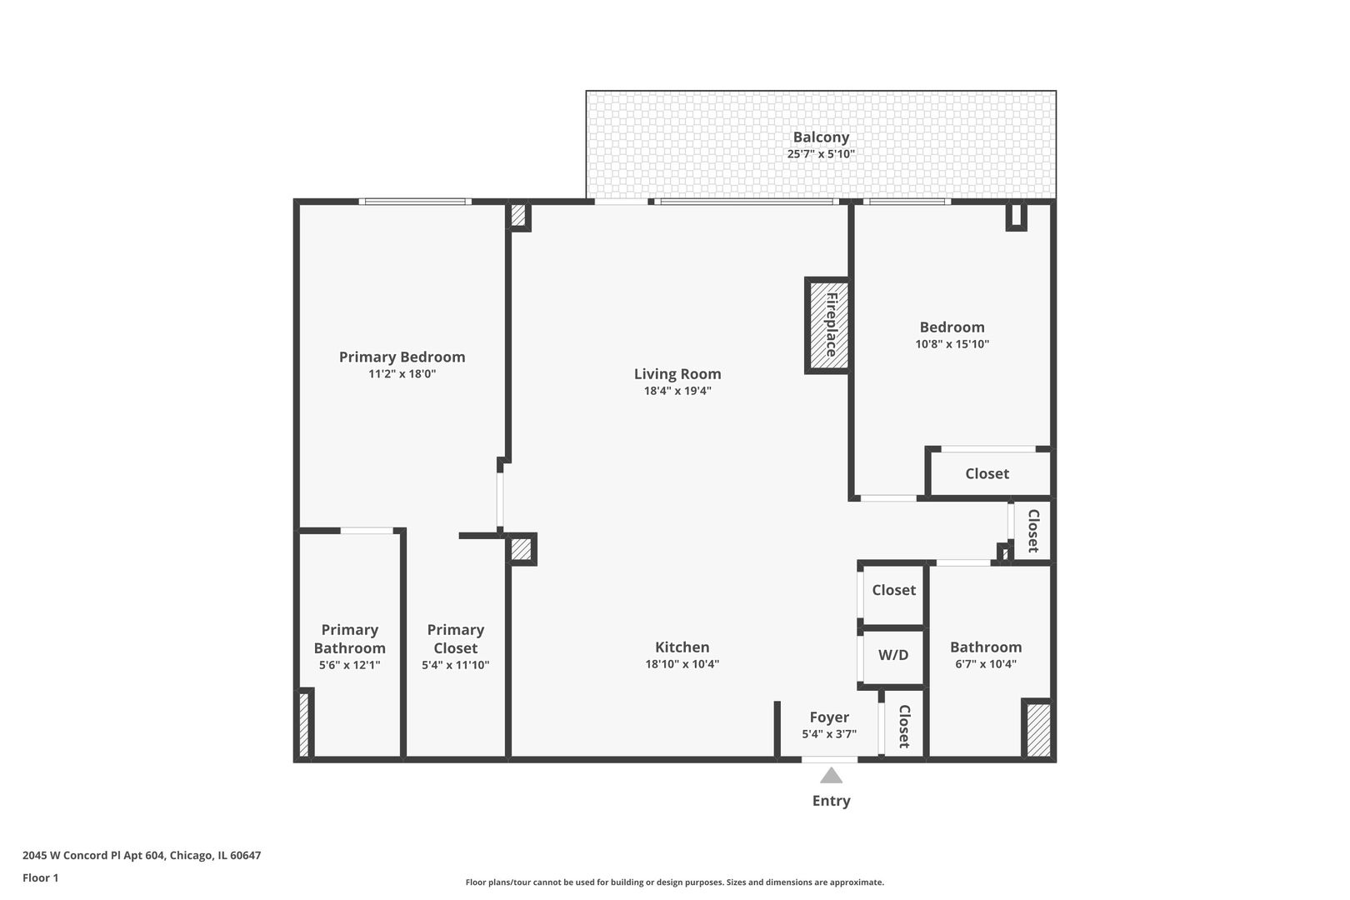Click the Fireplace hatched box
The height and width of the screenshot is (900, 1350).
[827, 325]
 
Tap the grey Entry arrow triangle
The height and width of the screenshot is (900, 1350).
[831, 777]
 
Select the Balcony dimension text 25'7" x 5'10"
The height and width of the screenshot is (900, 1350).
[821, 154]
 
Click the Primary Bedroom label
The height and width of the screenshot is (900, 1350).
[402, 357]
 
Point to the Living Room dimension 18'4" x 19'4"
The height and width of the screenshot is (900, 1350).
[677, 391]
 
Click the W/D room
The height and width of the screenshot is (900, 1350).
[893, 655]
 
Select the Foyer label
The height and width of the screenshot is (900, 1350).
[829, 717]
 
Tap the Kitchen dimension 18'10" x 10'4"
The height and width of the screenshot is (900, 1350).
[682, 664]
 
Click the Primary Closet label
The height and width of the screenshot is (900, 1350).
[455, 639]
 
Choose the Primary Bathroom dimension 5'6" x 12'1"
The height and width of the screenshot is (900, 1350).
[349, 665]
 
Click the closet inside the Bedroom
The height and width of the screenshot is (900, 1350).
[987, 473]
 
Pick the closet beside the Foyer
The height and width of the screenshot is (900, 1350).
[902, 725]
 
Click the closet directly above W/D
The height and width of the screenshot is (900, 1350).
[893, 590]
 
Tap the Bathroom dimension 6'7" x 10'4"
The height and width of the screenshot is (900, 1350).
[986, 664]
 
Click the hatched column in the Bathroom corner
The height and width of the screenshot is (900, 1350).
[1037, 730]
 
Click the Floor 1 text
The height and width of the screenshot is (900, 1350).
[41, 877]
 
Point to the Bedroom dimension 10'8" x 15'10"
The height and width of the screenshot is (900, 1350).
[952, 344]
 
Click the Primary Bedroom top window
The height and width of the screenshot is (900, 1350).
[415, 202]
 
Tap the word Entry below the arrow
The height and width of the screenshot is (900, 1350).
[831, 801]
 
